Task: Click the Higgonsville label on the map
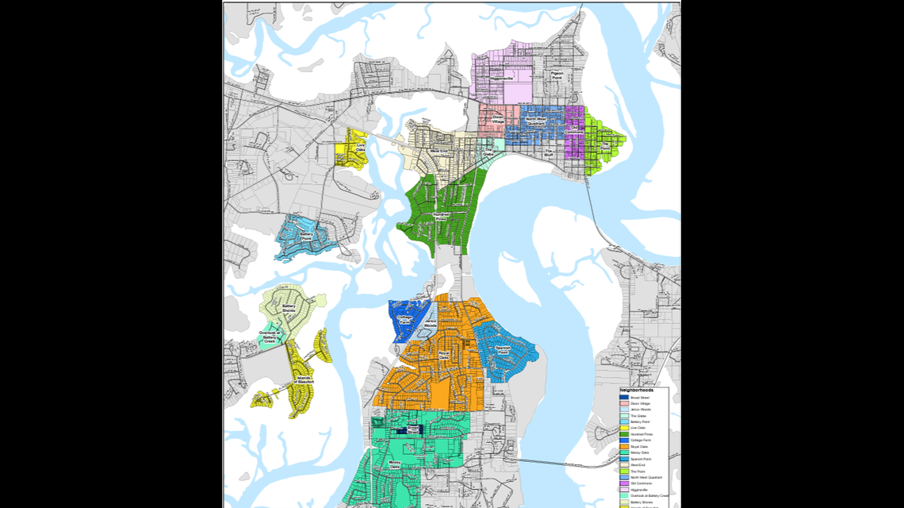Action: click(x=502, y=79)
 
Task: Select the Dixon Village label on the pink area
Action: click(x=497, y=118)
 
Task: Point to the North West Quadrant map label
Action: click(x=536, y=121)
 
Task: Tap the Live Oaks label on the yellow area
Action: click(x=361, y=146)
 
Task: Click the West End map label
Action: click(x=439, y=151)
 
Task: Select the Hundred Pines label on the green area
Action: click(x=442, y=215)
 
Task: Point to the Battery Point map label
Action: click(x=306, y=235)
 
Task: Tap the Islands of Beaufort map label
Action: click(x=305, y=379)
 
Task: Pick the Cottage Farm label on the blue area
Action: click(x=405, y=320)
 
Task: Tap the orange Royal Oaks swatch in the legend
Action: click(x=625, y=447)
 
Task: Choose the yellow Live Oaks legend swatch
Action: click(x=625, y=428)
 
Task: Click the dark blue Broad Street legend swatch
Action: click(x=625, y=397)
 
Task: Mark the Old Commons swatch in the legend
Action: click(x=625, y=483)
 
